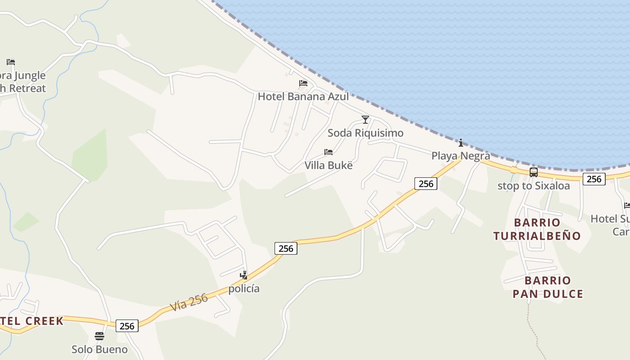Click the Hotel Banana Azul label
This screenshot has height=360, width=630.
pyautogui.click(x=303, y=96)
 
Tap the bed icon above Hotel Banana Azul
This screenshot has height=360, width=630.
pyautogui.click(x=303, y=83)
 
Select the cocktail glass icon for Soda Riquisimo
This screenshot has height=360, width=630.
pyautogui.click(x=365, y=120)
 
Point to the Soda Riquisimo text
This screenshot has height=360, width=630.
pyautogui.click(x=365, y=133)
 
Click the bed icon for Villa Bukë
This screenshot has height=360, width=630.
pyautogui.click(x=328, y=152)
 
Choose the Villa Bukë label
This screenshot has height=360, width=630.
pyautogui.click(x=328, y=165)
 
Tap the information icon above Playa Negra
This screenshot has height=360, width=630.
pyautogui.click(x=461, y=143)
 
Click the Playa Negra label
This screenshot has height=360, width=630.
pyautogui.click(x=461, y=156)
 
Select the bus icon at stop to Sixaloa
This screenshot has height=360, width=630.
pyautogui.click(x=534, y=172)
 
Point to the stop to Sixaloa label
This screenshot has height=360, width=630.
pyautogui.click(x=534, y=185)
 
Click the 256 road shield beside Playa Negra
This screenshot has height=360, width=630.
pyautogui.click(x=426, y=183)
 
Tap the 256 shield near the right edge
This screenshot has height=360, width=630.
pyautogui.click(x=594, y=179)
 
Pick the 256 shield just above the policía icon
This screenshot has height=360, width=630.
pyautogui.click(x=286, y=248)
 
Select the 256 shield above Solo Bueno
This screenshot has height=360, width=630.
pyautogui.click(x=127, y=326)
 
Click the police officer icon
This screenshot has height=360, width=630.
pyautogui.click(x=244, y=275)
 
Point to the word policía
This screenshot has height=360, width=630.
pyautogui.click(x=244, y=288)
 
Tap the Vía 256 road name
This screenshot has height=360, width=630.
pyautogui.click(x=189, y=302)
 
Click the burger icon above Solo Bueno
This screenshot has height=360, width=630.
pyautogui.click(x=99, y=336)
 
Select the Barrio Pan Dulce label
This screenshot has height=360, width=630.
pyautogui.click(x=548, y=287)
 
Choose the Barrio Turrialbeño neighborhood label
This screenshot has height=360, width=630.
pyautogui.click(x=537, y=229)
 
